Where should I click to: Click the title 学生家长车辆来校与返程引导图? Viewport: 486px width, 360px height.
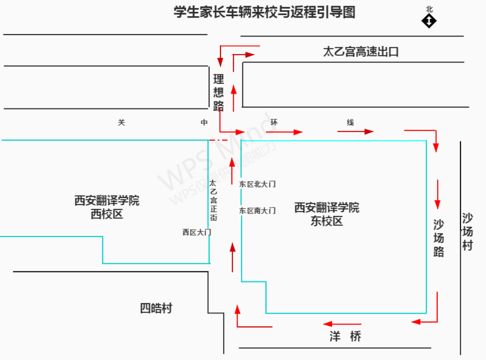pyautogui.click(x=264, y=12)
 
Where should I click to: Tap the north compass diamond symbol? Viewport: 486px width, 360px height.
pyautogui.click(x=429, y=21)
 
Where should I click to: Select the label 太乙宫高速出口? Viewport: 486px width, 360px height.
pyautogui.click(x=361, y=52)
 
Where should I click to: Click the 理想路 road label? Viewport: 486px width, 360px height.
pyautogui.click(x=218, y=92)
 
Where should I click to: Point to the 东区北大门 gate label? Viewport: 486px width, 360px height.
pyautogui.click(x=257, y=184)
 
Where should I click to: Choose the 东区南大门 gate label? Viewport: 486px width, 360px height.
pyautogui.click(x=257, y=211)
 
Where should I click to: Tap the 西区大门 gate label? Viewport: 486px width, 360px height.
pyautogui.click(x=196, y=232)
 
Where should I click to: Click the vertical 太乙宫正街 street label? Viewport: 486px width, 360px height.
pyautogui.click(x=213, y=200)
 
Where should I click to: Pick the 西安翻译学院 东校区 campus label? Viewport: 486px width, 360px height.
pyautogui.click(x=327, y=214)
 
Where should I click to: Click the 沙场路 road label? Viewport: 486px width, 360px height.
pyautogui.click(x=439, y=238)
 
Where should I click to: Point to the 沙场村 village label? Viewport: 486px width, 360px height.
pyautogui.click(x=468, y=232)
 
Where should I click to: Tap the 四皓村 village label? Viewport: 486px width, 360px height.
pyautogui.click(x=156, y=308)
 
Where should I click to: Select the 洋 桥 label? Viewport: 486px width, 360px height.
pyautogui.click(x=345, y=336)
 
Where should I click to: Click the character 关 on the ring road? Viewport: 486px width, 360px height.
pyautogui.click(x=121, y=123)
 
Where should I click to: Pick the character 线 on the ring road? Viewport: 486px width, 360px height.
pyautogui.click(x=350, y=123)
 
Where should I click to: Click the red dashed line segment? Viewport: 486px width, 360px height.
pyautogui.click(x=219, y=140)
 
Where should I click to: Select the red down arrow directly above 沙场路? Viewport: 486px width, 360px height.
pyautogui.click(x=438, y=194)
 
